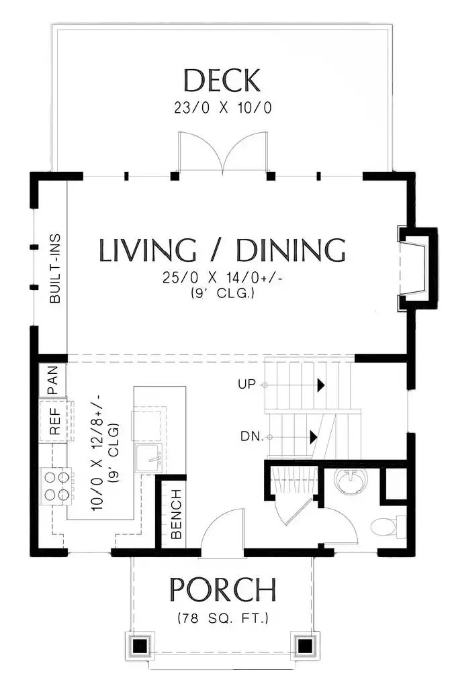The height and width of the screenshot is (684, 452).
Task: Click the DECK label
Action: tap(222, 81)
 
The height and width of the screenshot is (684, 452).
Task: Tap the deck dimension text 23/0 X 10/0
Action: tap(223, 108)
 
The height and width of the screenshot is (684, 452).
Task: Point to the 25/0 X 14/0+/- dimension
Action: tap(222, 277)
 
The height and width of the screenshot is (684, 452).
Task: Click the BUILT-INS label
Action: tap(55, 268)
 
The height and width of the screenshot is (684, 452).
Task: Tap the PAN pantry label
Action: tap(52, 379)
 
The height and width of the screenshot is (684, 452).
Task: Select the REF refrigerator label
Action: tap(54, 422)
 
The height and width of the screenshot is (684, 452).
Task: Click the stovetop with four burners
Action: tap(56, 485)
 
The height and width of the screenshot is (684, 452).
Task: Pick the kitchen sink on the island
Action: tap(150, 458)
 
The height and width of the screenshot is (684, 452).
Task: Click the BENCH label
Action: tap(176, 514)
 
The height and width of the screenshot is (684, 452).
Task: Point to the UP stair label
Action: tap(246, 385)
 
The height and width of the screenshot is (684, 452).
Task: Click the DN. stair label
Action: tap(252, 436)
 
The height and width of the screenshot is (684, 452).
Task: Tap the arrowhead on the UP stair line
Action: tap(321, 385)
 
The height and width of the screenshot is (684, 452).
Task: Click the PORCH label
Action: tap(223, 589)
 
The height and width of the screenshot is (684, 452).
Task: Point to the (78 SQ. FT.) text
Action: tap(223, 618)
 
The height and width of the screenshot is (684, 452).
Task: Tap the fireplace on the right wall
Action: tap(416, 269)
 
